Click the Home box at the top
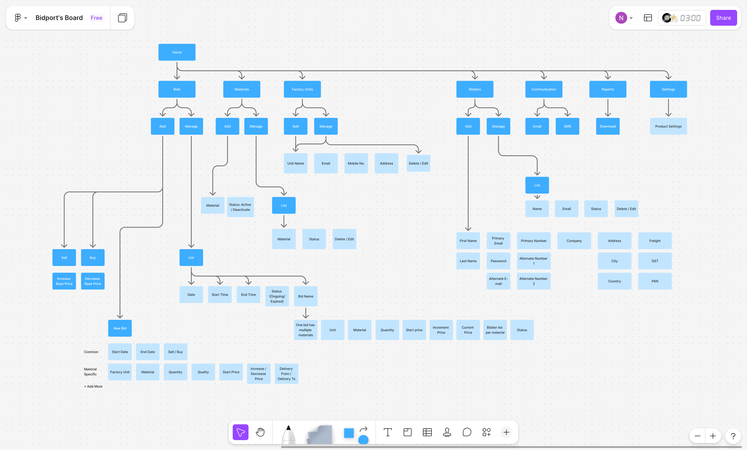pyautogui.click(x=177, y=52)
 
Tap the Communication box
pyautogui.click(x=543, y=89)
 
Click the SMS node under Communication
pyautogui.click(x=567, y=126)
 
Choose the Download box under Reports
pyautogui.click(x=607, y=126)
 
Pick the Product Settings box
pyautogui.click(x=668, y=126)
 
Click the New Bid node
pyautogui.click(x=120, y=328)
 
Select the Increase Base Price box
pyautogui.click(x=64, y=281)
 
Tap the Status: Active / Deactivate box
pyautogui.click(x=240, y=207)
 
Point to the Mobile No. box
pyautogui.click(x=356, y=163)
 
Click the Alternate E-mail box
pyautogui.click(x=498, y=281)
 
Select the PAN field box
pyautogui.click(x=655, y=281)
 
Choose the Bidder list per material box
pyautogui.click(x=495, y=330)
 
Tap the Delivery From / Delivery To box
pyautogui.click(x=286, y=373)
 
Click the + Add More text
pyautogui.click(x=93, y=386)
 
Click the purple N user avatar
pyautogui.click(x=621, y=18)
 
